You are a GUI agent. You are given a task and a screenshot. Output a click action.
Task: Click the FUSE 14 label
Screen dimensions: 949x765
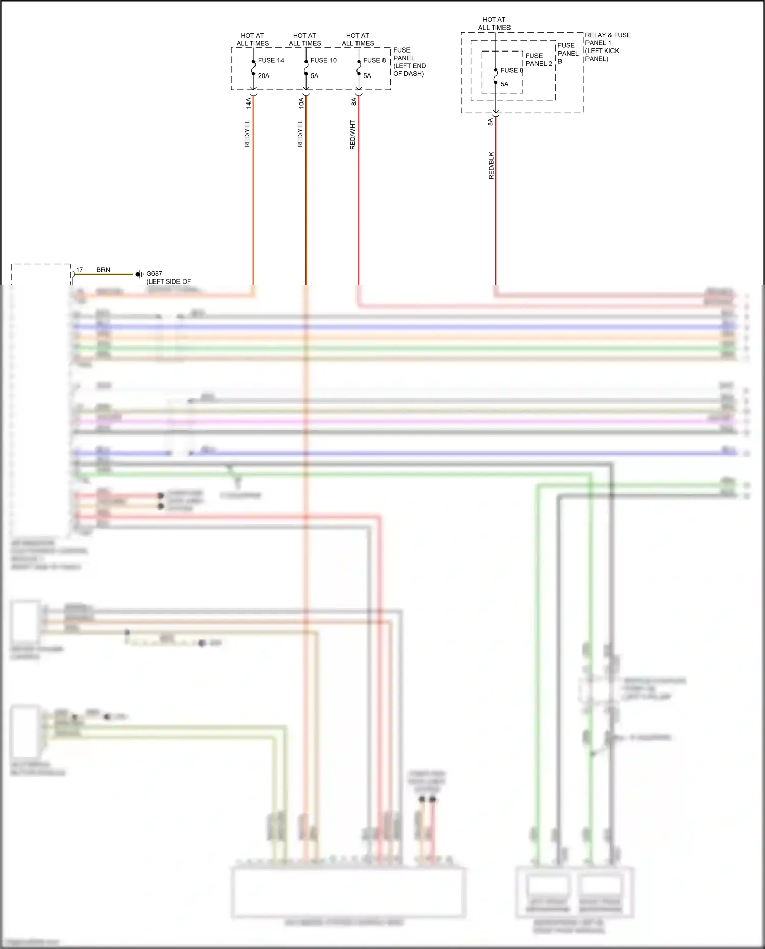point(271,60)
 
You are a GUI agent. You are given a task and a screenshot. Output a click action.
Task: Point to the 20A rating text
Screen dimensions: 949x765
point(264,76)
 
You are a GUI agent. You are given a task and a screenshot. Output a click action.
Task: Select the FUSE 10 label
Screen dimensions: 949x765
point(323,60)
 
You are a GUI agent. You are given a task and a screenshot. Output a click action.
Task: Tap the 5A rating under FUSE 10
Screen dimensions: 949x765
point(314,76)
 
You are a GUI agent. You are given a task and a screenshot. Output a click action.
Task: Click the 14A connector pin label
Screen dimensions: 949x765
point(249,103)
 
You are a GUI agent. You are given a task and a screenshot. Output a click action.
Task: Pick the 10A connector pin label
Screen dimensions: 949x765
point(301,103)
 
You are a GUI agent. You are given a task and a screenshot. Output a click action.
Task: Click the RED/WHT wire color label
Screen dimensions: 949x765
point(352,135)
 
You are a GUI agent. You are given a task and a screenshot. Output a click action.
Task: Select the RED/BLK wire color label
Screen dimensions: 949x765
point(491,165)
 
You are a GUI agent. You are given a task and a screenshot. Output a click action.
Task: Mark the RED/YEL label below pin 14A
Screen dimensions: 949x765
point(247,134)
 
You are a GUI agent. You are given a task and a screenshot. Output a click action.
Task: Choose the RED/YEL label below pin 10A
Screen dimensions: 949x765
point(300,134)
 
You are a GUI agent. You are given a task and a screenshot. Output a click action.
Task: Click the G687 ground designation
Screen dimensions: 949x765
point(154,274)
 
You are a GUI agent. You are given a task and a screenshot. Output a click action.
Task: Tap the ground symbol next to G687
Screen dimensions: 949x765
point(138,274)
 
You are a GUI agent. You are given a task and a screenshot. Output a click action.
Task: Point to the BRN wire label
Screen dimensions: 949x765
point(103,270)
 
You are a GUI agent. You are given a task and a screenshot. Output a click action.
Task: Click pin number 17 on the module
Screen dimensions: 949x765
point(79,270)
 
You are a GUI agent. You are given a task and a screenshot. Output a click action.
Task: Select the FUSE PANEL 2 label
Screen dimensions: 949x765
point(539,60)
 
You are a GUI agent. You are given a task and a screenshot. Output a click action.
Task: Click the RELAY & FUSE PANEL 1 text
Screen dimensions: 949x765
point(607,39)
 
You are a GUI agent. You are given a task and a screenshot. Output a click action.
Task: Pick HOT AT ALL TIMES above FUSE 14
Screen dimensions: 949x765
point(252,39)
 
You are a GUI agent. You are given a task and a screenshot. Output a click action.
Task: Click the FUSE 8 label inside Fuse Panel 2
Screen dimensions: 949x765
point(512,70)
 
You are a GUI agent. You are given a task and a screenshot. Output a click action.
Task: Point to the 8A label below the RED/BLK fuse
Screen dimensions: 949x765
point(490,122)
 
